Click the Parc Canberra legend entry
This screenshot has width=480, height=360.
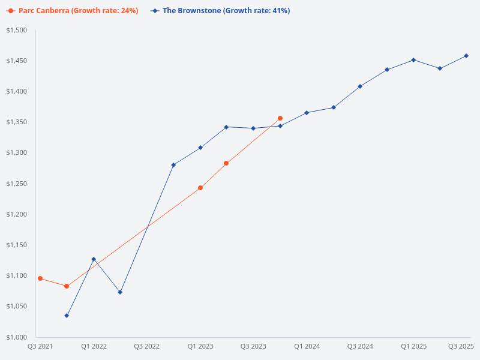point(73,11)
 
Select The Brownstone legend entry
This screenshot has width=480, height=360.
point(220,11)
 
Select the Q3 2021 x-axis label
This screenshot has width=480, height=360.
point(40,347)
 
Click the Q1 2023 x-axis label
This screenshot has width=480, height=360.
point(200,347)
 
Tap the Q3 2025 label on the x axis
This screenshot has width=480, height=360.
point(461,347)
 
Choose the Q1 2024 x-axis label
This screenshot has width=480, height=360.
point(307,347)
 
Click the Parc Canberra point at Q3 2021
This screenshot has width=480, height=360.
point(40,278)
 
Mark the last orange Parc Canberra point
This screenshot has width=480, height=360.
point(280,118)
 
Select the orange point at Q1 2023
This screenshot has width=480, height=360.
point(200,188)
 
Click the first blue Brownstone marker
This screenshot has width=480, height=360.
point(67,316)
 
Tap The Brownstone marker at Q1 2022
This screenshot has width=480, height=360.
point(94,259)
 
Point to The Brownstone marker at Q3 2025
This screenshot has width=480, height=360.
point(466,56)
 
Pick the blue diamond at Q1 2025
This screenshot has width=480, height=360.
point(413,60)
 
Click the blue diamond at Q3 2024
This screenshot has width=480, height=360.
point(360,86)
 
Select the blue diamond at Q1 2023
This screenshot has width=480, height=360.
point(200,148)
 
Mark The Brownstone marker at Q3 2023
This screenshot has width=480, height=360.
point(253,128)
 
